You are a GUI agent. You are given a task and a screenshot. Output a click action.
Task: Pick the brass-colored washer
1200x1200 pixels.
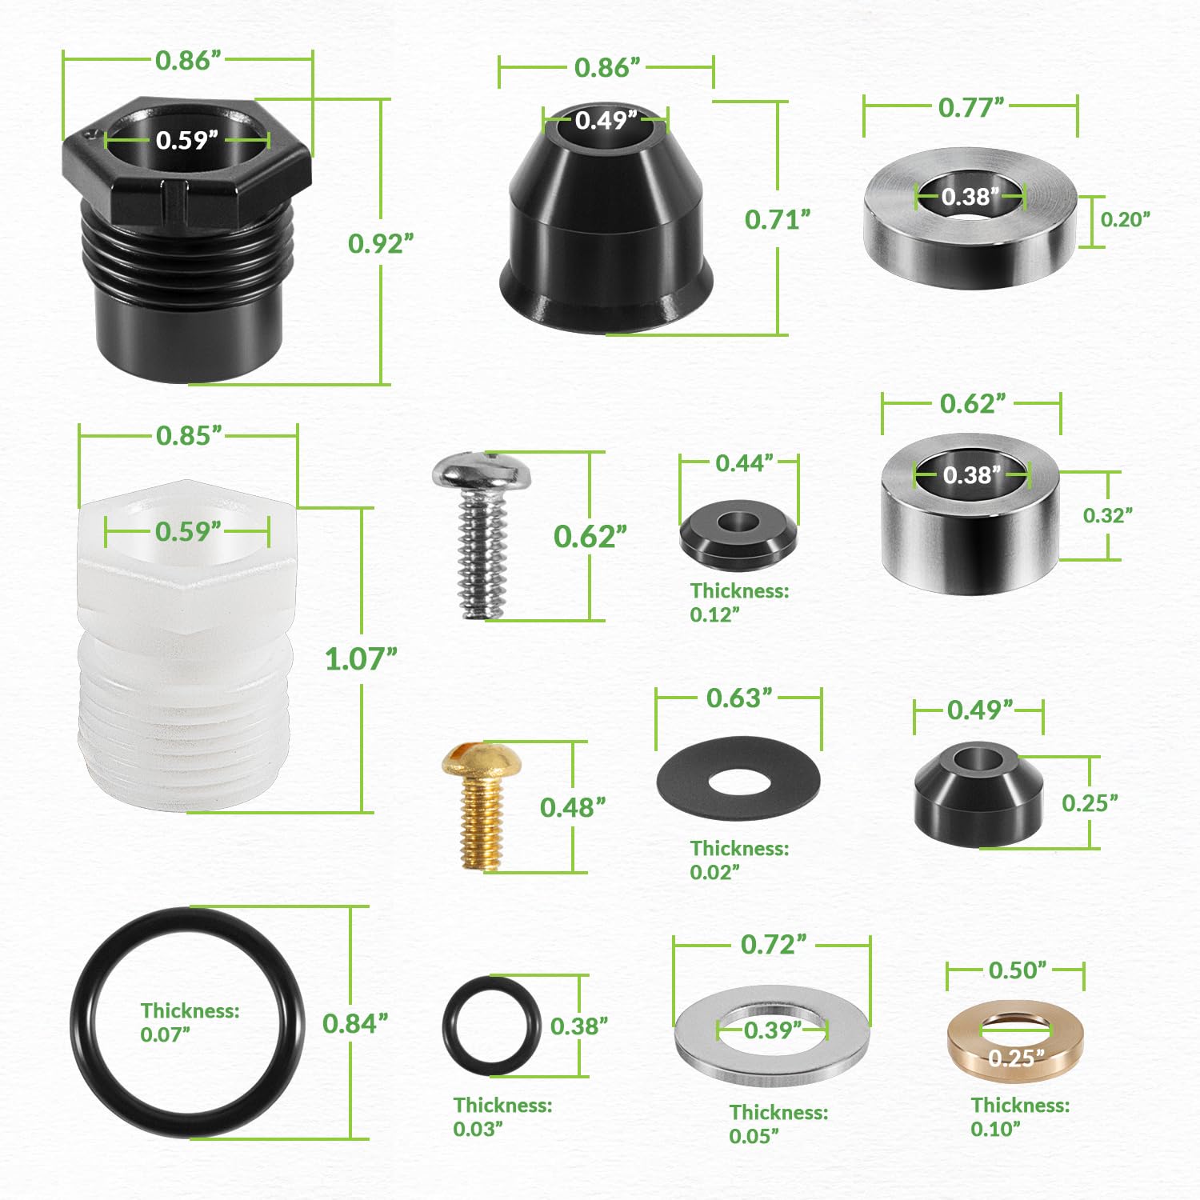pos(960,1040)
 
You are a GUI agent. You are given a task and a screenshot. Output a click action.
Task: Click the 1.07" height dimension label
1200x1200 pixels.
pos(361,659)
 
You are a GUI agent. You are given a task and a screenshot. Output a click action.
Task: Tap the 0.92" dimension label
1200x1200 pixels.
pos(381,243)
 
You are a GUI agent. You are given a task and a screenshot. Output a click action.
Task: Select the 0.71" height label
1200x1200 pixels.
pos(778,219)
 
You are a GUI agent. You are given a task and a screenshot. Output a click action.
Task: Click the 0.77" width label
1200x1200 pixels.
pos(971,107)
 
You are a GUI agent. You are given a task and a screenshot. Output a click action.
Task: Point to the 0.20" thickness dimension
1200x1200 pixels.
pos(1126,219)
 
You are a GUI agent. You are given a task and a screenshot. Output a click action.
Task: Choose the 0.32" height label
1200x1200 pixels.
pos(1108,515)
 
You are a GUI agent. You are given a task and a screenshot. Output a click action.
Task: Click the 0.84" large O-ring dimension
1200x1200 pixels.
pos(355,1023)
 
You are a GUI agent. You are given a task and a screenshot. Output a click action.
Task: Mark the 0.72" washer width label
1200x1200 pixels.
pos(774,944)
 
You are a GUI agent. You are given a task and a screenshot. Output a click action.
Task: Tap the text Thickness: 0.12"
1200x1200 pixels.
pos(739,602)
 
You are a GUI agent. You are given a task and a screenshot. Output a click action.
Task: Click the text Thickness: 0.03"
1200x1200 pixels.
pos(502,1117)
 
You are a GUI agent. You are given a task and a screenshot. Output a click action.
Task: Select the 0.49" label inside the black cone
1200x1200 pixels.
pos(606,120)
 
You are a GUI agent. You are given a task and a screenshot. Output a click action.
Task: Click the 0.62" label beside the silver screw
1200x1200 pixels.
pos(590,536)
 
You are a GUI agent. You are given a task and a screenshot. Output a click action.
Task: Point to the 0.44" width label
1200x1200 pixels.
pos(744,463)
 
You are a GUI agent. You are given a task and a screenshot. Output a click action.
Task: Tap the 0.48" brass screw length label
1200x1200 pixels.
pos(573,807)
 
